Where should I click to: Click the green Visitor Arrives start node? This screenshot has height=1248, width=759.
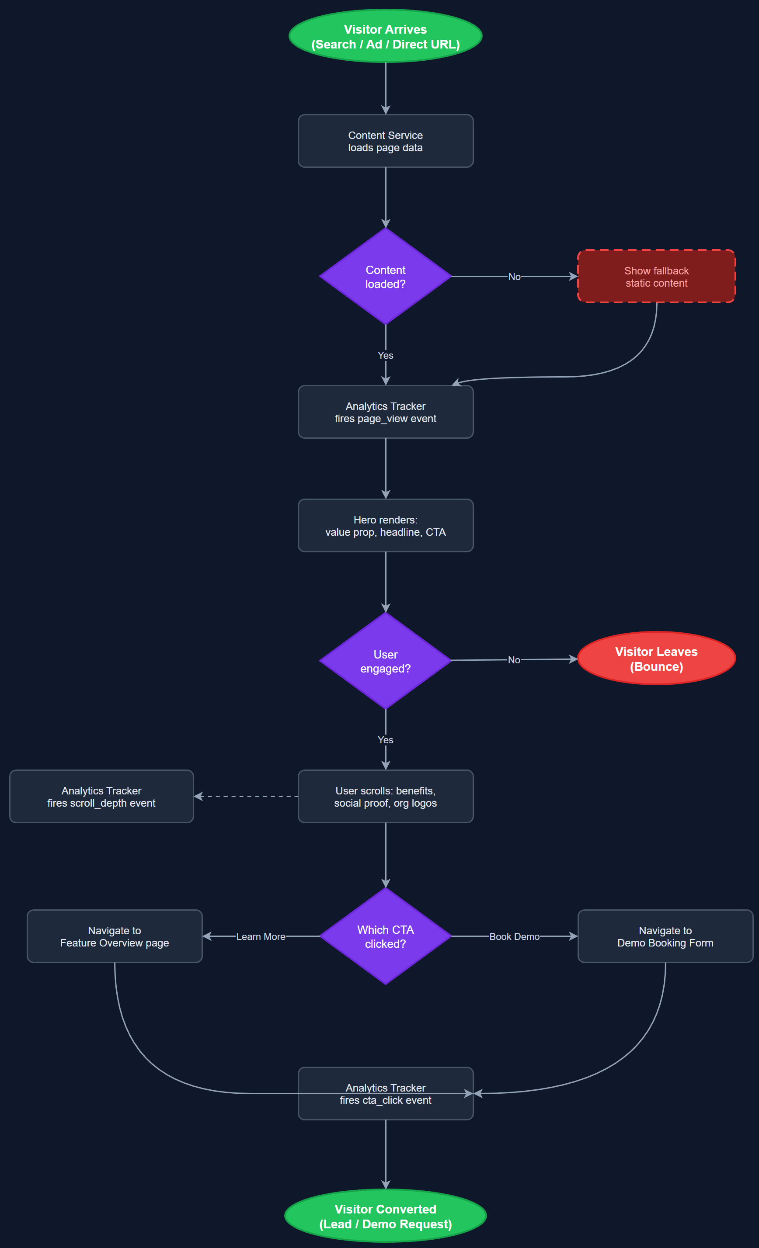pyautogui.click(x=385, y=36)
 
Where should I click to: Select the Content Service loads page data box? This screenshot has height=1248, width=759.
pyautogui.click(x=385, y=141)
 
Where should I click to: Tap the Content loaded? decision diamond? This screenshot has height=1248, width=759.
pyautogui.click(x=385, y=277)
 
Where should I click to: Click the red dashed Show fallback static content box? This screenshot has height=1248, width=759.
pyautogui.click(x=656, y=277)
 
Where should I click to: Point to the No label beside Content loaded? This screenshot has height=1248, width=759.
pyautogui.click(x=514, y=277)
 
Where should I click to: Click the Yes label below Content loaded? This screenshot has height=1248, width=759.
pyautogui.click(x=385, y=356)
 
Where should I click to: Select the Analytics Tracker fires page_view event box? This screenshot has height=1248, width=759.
pyautogui.click(x=385, y=413)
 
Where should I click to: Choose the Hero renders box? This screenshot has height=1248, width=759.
pyautogui.click(x=385, y=526)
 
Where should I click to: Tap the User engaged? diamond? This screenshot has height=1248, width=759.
pyautogui.click(x=385, y=661)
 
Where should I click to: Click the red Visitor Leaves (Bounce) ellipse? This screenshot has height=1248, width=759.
pyautogui.click(x=656, y=659)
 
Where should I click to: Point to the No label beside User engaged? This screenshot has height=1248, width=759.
pyautogui.click(x=514, y=660)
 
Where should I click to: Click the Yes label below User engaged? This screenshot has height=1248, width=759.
pyautogui.click(x=385, y=740)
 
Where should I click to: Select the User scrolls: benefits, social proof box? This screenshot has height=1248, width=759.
pyautogui.click(x=385, y=797)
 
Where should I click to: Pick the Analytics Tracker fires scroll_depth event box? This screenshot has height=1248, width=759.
pyautogui.click(x=101, y=797)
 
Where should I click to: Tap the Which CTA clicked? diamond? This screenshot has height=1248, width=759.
pyautogui.click(x=385, y=936)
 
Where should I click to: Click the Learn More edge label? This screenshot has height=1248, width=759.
pyautogui.click(x=261, y=936)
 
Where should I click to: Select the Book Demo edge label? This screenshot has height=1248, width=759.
pyautogui.click(x=514, y=936)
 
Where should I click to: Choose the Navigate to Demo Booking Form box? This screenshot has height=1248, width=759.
pyautogui.click(x=665, y=936)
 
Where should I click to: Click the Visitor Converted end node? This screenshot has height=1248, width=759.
pyautogui.click(x=385, y=1216)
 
